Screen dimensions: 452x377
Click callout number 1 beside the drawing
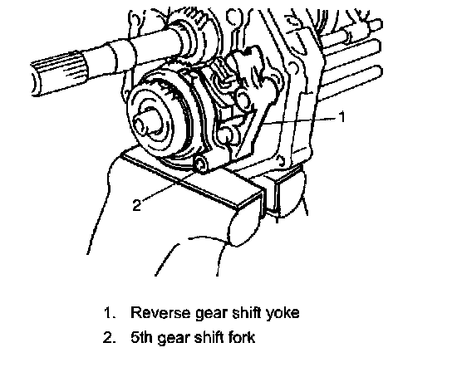coord(341,117)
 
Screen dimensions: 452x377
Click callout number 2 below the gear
coord(137,205)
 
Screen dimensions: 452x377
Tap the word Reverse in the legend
coord(160,312)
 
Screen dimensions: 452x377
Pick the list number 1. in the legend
coord(110,313)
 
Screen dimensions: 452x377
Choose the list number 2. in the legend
coord(110,337)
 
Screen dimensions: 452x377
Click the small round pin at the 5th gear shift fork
coord(201,165)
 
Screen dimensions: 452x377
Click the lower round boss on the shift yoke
coord(227,135)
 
